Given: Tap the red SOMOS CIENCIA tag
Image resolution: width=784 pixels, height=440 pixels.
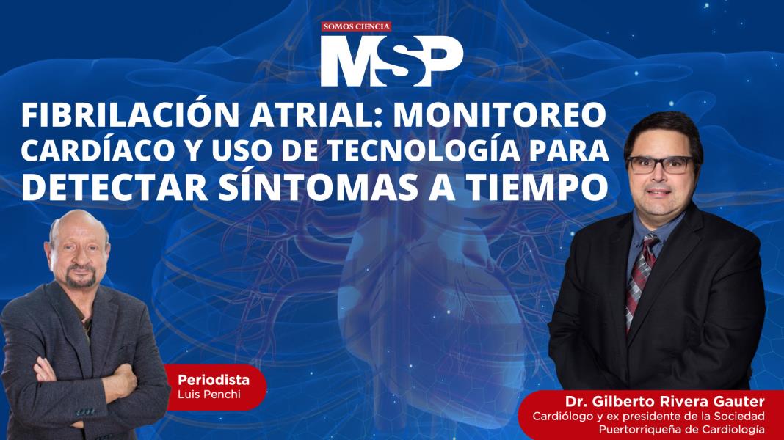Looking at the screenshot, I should [x=357, y=27].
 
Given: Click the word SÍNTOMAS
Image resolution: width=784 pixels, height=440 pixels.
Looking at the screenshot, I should [x=303, y=187].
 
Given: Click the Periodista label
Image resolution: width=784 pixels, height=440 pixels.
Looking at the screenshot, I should [x=213, y=380].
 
